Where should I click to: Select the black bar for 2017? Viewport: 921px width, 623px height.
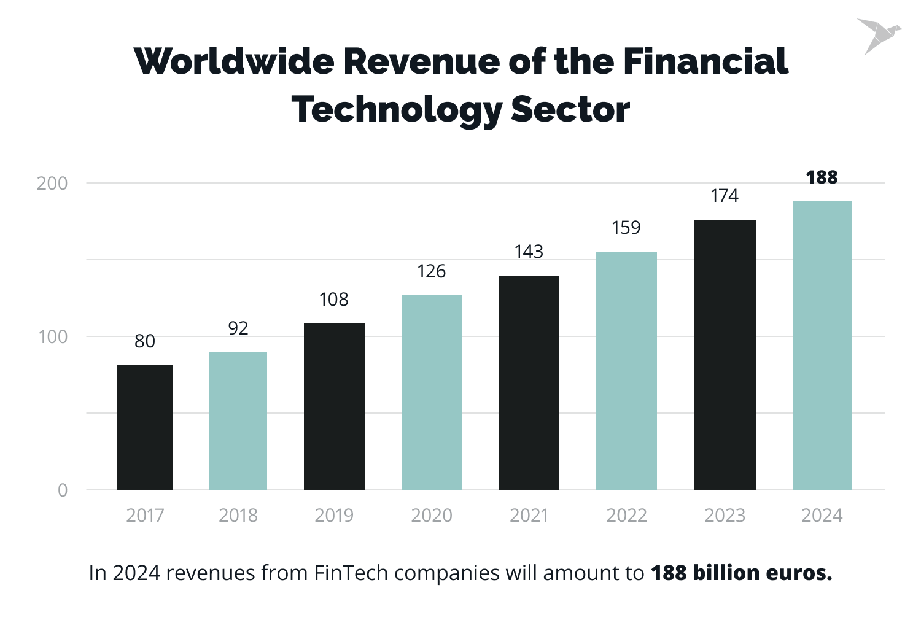coord(145,427)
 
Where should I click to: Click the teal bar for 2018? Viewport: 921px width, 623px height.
coord(238,421)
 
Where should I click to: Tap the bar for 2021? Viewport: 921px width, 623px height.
coord(529,382)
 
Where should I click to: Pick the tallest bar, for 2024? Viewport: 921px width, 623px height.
coord(822,346)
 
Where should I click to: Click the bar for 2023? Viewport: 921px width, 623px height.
coord(725,355)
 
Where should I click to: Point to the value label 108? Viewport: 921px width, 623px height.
coord(333,300)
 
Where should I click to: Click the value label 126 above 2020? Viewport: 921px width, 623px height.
coord(431,271)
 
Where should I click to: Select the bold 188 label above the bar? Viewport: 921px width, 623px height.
coord(822,177)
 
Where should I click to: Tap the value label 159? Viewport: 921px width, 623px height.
coord(626,228)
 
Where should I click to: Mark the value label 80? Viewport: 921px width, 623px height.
coord(145,341)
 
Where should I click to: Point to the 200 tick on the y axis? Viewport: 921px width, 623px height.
coord(52,184)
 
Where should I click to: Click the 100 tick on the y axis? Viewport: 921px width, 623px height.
coord(52,337)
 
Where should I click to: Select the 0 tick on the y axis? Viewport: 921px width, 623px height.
coord(63,490)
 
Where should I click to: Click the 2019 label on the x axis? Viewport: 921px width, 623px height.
coord(334,516)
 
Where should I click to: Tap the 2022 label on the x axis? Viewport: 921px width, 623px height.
coord(626,516)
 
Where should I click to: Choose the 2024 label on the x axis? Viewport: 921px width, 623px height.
coord(822,516)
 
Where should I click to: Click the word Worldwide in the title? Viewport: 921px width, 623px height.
coord(233,61)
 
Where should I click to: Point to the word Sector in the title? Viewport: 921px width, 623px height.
coord(570,110)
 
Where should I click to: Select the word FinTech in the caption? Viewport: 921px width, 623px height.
coord(351,573)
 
